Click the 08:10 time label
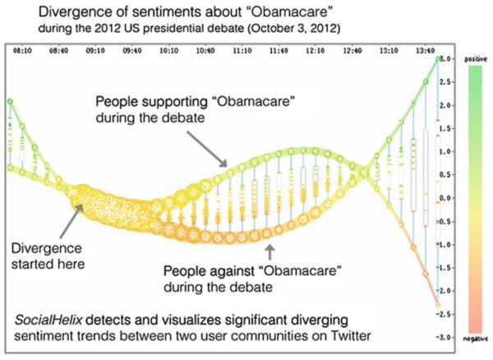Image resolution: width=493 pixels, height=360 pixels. [x=22, y=50]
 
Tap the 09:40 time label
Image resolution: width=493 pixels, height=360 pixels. [x=133, y=50]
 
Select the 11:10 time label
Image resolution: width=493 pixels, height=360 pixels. [x=242, y=50]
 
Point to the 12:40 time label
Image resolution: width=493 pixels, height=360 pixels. [x=352, y=50]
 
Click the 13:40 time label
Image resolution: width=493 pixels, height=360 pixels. [x=426, y=50]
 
